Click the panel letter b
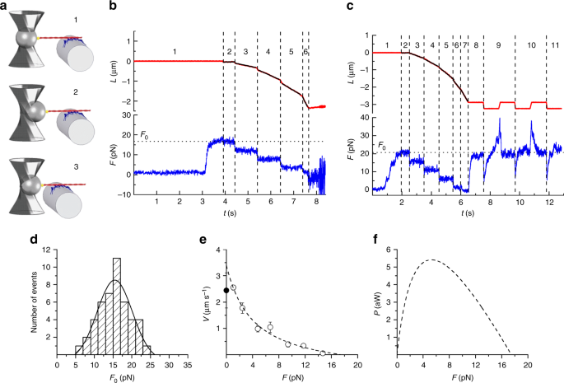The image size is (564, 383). [111, 7]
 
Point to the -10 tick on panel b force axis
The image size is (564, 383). [122, 194]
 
